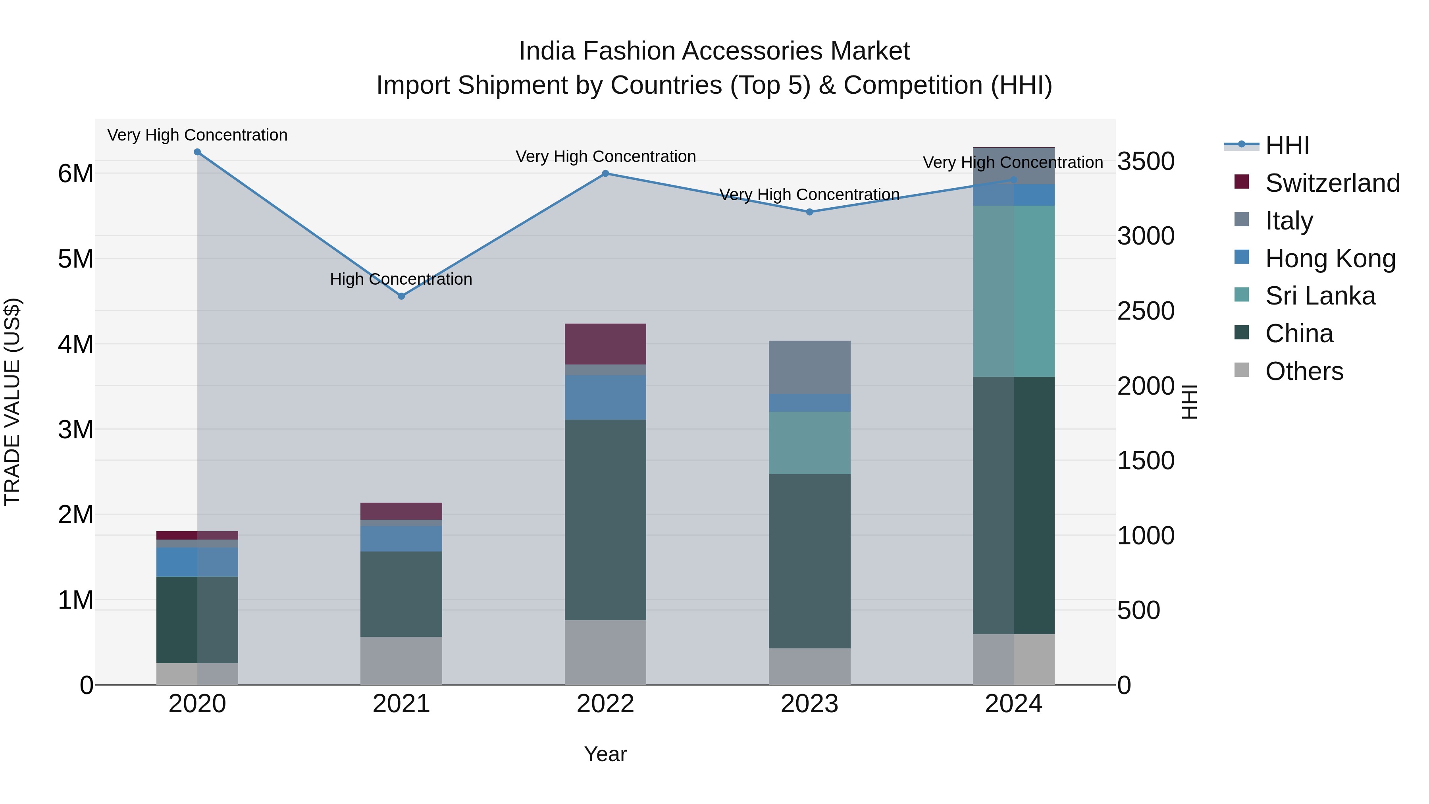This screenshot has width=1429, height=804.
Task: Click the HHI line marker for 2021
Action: pyautogui.click(x=402, y=296)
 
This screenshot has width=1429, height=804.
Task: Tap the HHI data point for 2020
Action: pyautogui.click(x=198, y=152)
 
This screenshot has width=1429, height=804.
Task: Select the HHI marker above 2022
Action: pyautogui.click(x=606, y=174)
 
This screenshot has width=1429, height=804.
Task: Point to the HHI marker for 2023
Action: pyautogui.click(x=809, y=212)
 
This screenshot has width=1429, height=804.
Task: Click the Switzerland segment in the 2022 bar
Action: pyautogui.click(x=605, y=344)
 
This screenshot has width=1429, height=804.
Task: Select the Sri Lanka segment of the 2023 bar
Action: pyautogui.click(x=809, y=443)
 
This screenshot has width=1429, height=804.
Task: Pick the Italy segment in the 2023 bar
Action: pyautogui.click(x=809, y=367)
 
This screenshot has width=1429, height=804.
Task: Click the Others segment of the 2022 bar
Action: pyautogui.click(x=605, y=652)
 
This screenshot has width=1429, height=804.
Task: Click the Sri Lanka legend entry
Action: pyautogui.click(x=1320, y=296)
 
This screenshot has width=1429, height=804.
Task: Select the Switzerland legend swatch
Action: pyautogui.click(x=1242, y=182)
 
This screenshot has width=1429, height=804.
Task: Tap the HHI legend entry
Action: pyautogui.click(x=1287, y=145)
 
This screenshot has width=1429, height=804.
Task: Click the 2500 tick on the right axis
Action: pyautogui.click(x=1146, y=311)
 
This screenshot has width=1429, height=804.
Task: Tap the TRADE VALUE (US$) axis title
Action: pyautogui.click(x=12, y=402)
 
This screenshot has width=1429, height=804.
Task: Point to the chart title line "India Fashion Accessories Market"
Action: pyautogui.click(x=714, y=51)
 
